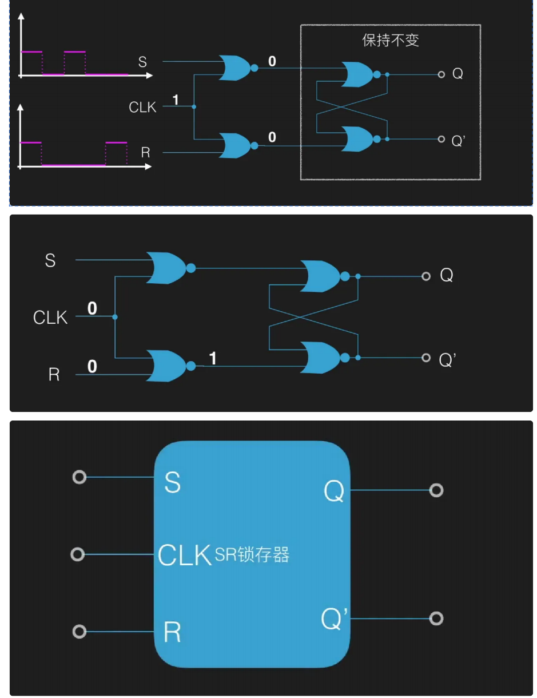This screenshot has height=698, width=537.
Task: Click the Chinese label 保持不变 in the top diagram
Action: click(x=391, y=40)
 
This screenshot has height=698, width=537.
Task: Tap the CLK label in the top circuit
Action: click(x=142, y=107)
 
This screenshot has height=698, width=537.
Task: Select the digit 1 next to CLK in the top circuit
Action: click(x=176, y=100)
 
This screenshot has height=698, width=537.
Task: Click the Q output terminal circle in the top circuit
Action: click(x=441, y=74)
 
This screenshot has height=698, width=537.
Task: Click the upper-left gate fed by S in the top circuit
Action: click(x=235, y=68)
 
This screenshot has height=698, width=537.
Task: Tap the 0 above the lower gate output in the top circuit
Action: click(x=272, y=137)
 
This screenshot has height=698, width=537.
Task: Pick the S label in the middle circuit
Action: click(x=50, y=261)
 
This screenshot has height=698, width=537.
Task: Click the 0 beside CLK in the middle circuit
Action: click(x=92, y=309)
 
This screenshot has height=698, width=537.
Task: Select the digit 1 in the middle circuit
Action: click(x=213, y=359)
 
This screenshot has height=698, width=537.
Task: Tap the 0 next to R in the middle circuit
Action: click(x=92, y=366)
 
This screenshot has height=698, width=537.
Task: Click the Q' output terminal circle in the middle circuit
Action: click(x=425, y=358)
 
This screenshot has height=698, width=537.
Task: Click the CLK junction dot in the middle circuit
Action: click(x=115, y=317)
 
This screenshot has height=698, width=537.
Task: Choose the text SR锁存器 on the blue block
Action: click(x=252, y=554)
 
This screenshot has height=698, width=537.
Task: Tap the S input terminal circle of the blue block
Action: click(x=79, y=477)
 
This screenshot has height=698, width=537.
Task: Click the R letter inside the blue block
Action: click(x=172, y=632)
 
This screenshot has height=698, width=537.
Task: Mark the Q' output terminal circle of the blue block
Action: click(x=436, y=618)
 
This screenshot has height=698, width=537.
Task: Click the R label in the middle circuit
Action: click(x=54, y=375)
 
